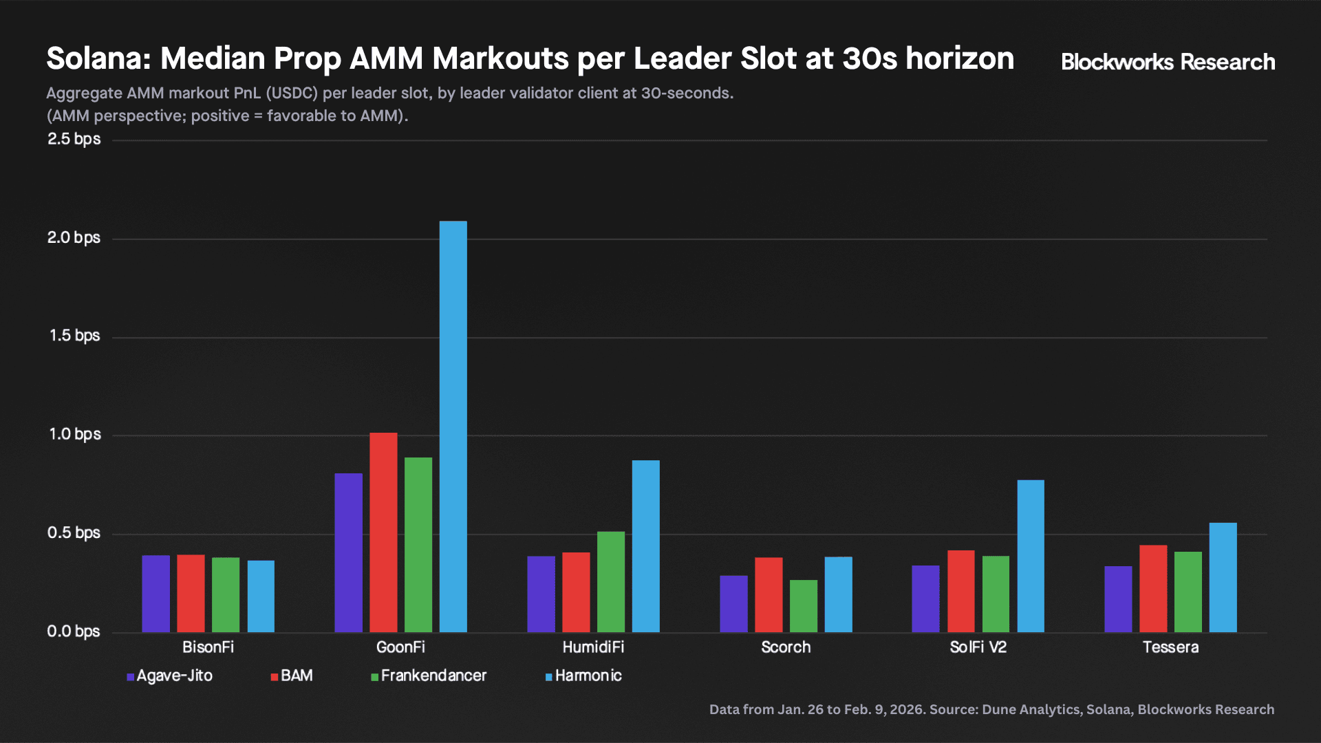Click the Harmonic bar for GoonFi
pyautogui.click(x=453, y=427)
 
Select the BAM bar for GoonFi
pyautogui.click(x=383, y=532)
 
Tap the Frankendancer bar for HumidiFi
pyautogui.click(x=611, y=582)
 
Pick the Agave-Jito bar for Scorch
pyautogui.click(x=733, y=604)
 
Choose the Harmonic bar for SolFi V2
pyautogui.click(x=1031, y=556)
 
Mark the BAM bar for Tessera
pyautogui.click(x=1153, y=589)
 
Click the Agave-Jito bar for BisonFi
pyautogui.click(x=155, y=594)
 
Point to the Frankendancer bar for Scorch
pyautogui.click(x=804, y=606)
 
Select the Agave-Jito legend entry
pyautogui.click(x=170, y=676)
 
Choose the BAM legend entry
pyautogui.click(x=292, y=676)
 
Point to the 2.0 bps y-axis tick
pyautogui.click(x=74, y=238)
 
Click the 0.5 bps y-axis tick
pyautogui.click(x=74, y=533)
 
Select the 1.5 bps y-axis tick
pyautogui.click(x=74, y=336)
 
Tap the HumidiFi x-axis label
pyautogui.click(x=593, y=647)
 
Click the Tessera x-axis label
pyautogui.click(x=1170, y=647)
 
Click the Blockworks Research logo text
pyautogui.click(x=1168, y=62)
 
